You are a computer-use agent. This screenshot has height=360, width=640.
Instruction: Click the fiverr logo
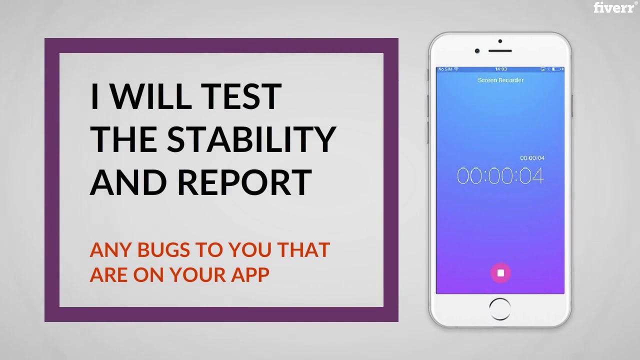click(614, 7)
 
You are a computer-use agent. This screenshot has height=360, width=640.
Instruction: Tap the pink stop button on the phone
click(500, 273)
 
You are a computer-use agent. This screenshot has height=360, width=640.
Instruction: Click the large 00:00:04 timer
click(500, 176)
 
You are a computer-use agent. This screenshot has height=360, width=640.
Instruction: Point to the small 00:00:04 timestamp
click(532, 158)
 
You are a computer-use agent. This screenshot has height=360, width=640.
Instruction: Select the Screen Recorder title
click(500, 80)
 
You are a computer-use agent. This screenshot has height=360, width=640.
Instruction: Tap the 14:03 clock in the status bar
click(500, 69)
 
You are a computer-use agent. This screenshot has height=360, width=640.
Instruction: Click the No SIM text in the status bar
click(445, 69)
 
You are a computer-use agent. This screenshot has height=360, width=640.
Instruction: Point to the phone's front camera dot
click(477, 51)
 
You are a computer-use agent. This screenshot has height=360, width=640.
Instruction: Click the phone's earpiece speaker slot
click(500, 50)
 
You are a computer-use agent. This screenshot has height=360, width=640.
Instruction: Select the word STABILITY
click(251, 139)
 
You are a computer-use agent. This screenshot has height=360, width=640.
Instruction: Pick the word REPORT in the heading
click(244, 182)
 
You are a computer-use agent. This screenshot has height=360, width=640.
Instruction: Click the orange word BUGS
click(162, 250)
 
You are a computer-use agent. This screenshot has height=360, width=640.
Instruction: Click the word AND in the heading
click(128, 182)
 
